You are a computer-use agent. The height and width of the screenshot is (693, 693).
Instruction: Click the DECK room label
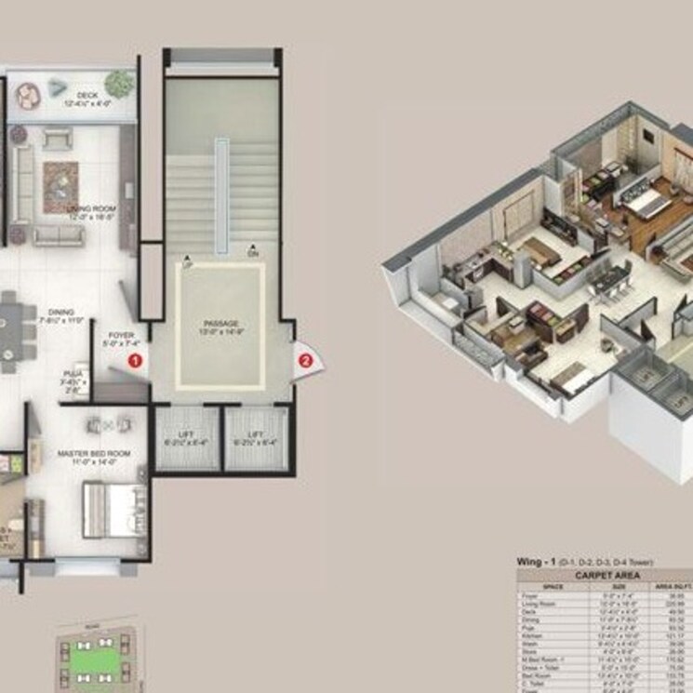(x=87, y=95)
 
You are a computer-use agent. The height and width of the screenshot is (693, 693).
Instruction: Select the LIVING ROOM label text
(x=85, y=209)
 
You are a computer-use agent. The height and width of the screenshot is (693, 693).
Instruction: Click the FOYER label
(x=122, y=335)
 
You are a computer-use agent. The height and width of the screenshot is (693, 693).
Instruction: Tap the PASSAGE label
(x=220, y=325)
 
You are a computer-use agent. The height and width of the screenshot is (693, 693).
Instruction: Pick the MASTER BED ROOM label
(x=93, y=453)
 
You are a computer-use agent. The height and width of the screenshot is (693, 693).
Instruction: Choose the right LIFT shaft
(x=256, y=438)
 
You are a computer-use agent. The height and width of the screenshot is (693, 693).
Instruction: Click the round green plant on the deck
(x=118, y=83)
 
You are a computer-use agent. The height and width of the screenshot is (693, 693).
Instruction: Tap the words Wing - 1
(x=539, y=563)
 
